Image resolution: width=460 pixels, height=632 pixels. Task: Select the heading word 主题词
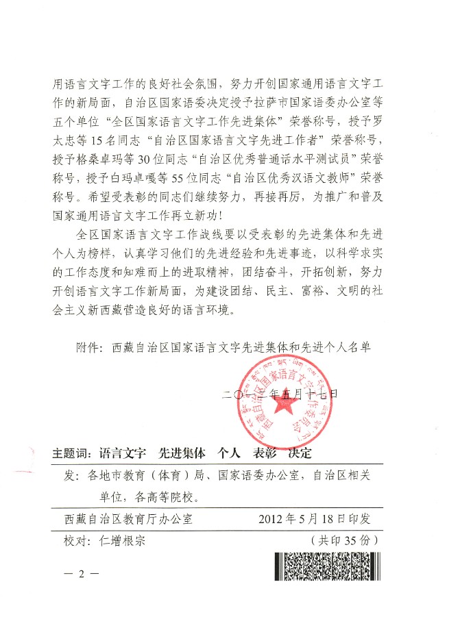[x=71, y=453]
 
